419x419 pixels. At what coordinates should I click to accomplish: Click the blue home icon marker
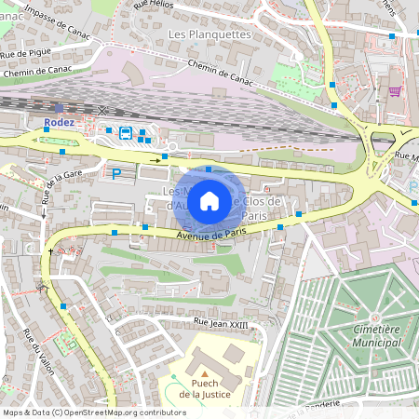point(209,200)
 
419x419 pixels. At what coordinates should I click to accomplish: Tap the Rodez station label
point(58,122)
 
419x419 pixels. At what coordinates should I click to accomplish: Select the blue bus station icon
point(125,132)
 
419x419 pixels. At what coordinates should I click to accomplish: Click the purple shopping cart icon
point(395,91)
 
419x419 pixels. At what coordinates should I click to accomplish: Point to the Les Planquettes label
point(209,34)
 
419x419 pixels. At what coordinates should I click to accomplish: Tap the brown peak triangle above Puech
point(204,372)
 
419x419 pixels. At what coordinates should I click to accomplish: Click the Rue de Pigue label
point(25,52)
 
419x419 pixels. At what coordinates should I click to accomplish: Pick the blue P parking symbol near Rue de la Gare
point(116,173)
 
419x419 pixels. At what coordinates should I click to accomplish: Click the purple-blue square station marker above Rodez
point(60,108)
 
